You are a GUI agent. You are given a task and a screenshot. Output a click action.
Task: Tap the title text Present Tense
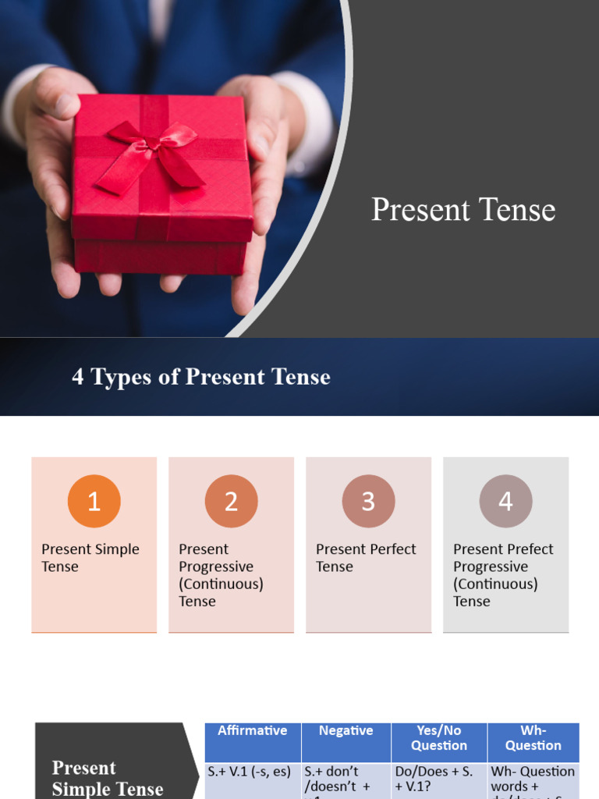click(x=463, y=210)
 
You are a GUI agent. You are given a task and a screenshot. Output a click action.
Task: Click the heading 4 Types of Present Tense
click(x=201, y=377)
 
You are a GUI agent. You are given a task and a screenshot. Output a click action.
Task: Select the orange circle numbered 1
click(x=94, y=501)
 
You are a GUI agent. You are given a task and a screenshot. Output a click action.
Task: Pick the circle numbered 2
click(x=232, y=501)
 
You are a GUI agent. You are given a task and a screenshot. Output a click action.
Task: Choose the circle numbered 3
click(x=369, y=501)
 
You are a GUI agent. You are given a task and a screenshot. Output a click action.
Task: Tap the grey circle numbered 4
click(x=506, y=501)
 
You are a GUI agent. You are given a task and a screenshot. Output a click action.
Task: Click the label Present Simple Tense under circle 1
click(x=90, y=558)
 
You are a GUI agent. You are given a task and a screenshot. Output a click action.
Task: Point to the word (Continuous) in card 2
click(x=221, y=584)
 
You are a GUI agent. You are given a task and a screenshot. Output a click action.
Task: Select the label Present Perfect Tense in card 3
click(x=366, y=558)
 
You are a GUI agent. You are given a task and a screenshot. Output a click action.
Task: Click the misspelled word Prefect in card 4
click(x=528, y=549)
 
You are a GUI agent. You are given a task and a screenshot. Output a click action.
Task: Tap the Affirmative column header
click(x=252, y=731)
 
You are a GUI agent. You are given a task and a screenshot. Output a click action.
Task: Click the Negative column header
click(x=346, y=731)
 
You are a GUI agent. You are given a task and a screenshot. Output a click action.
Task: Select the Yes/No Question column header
click(x=439, y=738)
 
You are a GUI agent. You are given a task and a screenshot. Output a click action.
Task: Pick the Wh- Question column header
click(x=533, y=738)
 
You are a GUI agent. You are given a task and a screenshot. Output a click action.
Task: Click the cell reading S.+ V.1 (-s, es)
click(x=249, y=772)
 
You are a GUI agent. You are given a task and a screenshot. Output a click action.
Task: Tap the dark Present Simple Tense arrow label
click(x=108, y=778)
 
